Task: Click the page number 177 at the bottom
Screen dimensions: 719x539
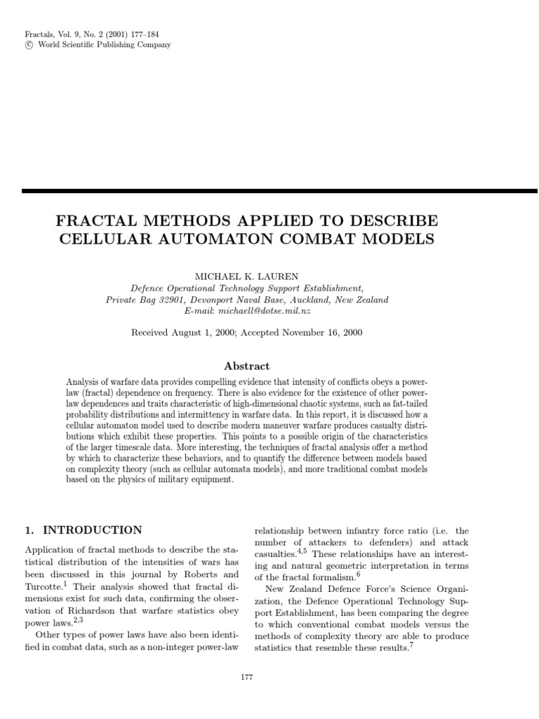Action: pyautogui.click(x=246, y=677)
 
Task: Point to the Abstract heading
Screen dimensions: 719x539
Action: pyautogui.click(x=246, y=367)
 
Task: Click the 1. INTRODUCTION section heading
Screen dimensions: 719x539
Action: pyautogui.click(x=84, y=530)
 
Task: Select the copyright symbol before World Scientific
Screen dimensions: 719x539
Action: pyautogui.click(x=28, y=45)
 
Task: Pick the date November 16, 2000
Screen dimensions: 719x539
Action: pyautogui.click(x=322, y=333)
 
